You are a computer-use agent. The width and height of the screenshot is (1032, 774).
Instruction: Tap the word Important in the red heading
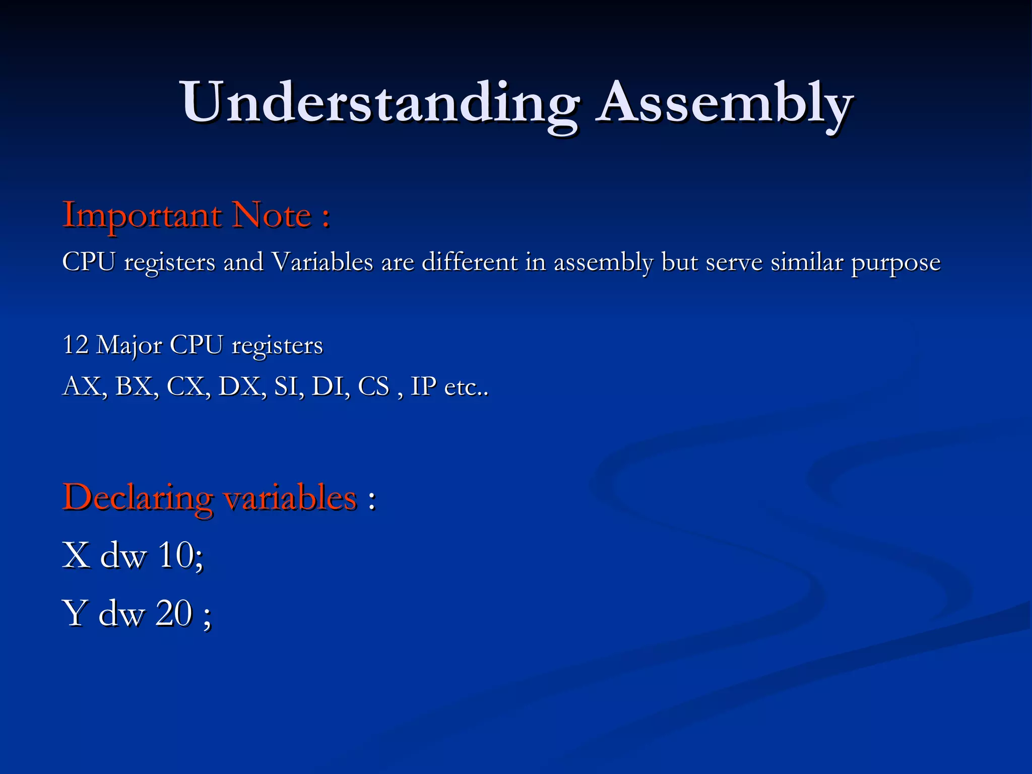(142, 216)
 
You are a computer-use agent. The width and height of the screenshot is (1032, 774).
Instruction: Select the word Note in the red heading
(272, 216)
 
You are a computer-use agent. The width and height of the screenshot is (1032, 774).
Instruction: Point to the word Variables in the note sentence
(322, 262)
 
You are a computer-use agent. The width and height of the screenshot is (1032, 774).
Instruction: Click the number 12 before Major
(76, 345)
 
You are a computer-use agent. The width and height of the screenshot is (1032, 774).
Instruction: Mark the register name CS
(373, 386)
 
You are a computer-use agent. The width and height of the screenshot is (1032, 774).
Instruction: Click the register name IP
(423, 386)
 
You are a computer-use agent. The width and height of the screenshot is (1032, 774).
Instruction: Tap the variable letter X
(76, 555)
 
